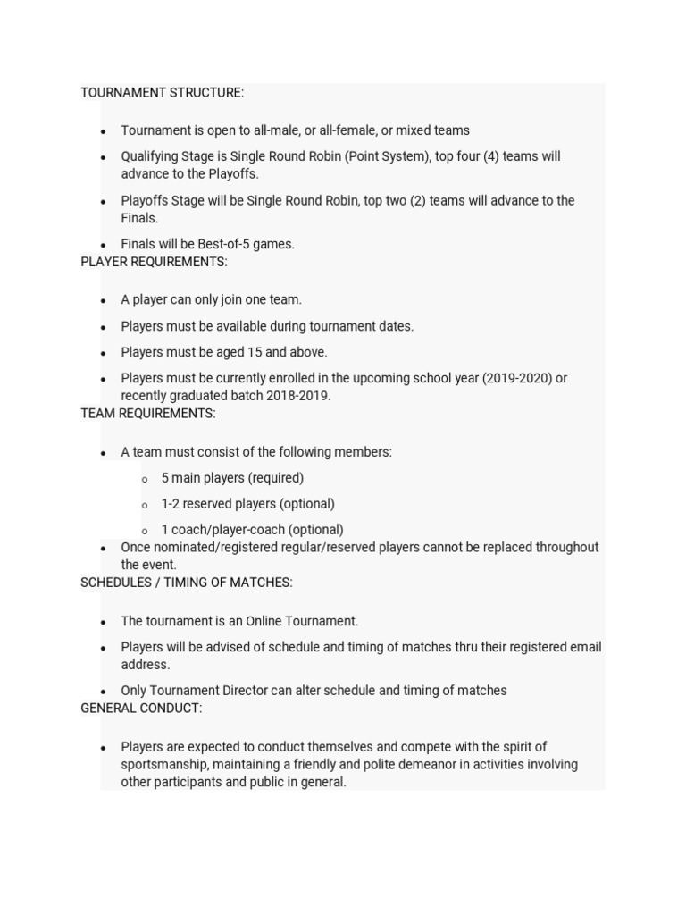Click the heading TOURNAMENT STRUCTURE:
[x=162, y=93]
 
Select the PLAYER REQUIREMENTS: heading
[x=154, y=262]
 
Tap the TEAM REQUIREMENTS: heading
[x=148, y=414]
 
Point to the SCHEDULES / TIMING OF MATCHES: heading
[x=187, y=583]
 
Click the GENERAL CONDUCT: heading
[x=141, y=709]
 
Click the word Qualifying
[x=149, y=156]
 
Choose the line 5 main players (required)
[x=232, y=478]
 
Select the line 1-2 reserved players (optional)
[x=247, y=504]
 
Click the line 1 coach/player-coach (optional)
[x=252, y=530]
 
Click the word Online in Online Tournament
[x=267, y=621]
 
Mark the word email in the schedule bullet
[x=584, y=647]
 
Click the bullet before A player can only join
[x=104, y=301]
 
